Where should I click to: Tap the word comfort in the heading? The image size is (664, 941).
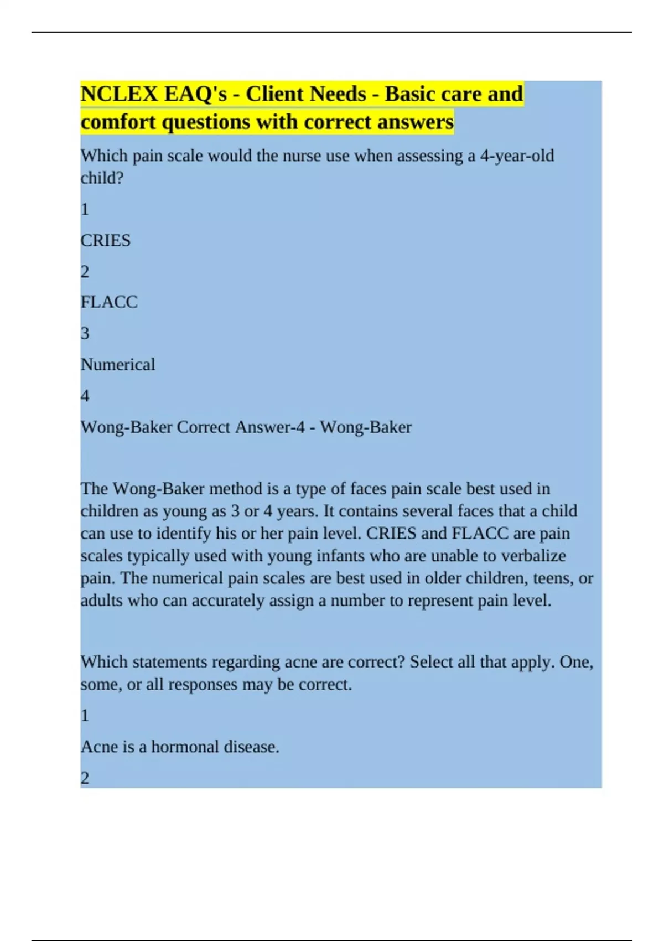click(x=118, y=122)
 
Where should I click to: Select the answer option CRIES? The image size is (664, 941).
click(x=106, y=240)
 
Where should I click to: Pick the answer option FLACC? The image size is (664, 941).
click(x=109, y=302)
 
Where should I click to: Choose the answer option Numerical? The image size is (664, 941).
click(x=118, y=364)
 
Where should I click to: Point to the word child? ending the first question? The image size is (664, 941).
click(x=102, y=178)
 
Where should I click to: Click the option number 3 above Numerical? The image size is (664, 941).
click(x=85, y=333)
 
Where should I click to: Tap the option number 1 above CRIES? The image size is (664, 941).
click(x=85, y=209)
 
